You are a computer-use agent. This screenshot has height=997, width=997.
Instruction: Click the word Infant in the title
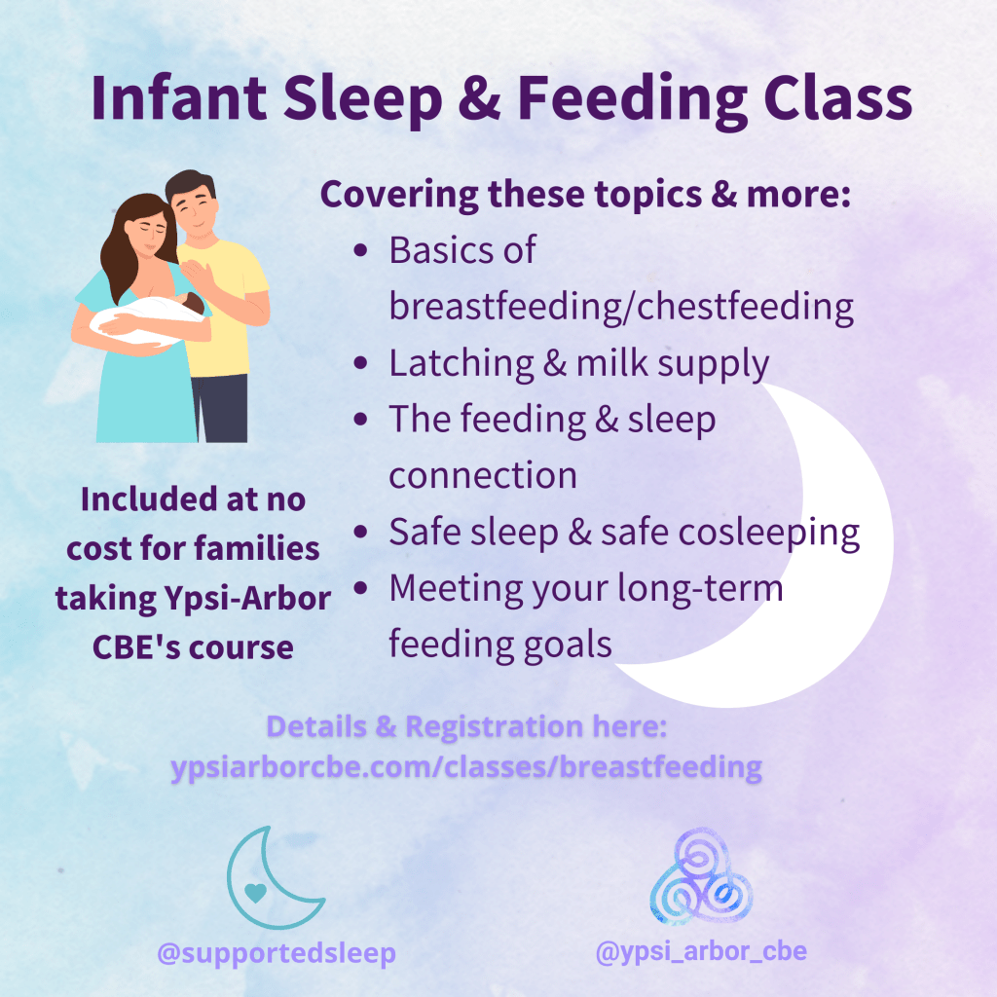(x=179, y=98)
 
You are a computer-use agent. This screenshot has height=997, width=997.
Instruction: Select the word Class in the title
(x=837, y=98)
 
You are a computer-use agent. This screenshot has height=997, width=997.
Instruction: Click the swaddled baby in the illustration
(x=149, y=318)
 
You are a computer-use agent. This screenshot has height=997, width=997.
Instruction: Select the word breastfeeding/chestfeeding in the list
(x=621, y=307)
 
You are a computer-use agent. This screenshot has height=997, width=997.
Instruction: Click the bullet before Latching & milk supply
(x=360, y=363)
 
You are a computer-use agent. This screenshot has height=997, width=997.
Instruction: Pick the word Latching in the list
(x=462, y=364)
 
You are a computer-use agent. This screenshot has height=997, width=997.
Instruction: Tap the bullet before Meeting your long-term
(x=360, y=587)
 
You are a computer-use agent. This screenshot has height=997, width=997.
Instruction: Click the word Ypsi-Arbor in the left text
(x=248, y=599)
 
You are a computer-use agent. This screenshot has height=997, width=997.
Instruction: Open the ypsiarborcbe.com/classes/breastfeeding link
(x=466, y=767)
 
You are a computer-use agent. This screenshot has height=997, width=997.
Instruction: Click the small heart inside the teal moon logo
(x=256, y=893)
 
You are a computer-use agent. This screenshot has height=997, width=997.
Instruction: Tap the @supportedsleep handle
(x=277, y=953)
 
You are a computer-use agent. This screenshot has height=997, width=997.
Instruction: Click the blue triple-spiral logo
(x=701, y=876)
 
